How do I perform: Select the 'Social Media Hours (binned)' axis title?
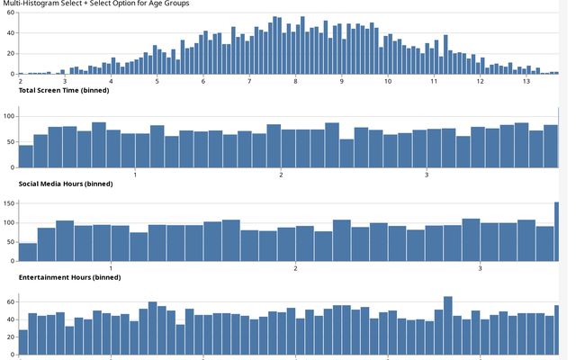click(x=66, y=184)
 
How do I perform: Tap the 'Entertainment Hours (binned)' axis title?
click(x=69, y=277)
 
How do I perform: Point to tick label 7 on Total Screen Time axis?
click(x=249, y=82)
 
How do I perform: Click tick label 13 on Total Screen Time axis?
click(x=526, y=82)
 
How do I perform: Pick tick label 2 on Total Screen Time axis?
click(x=20, y=82)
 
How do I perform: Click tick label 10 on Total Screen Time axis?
click(x=388, y=82)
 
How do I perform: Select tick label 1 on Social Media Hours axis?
click(x=134, y=175)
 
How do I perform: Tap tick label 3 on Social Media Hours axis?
click(x=426, y=175)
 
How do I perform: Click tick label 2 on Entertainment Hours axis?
click(x=296, y=268)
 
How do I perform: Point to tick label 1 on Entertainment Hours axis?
click(x=111, y=268)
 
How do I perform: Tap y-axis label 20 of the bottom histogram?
click(x=9, y=336)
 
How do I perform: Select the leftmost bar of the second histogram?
click(x=25, y=157)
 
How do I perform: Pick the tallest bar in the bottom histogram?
click(x=447, y=326)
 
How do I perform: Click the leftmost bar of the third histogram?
click(x=28, y=252)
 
